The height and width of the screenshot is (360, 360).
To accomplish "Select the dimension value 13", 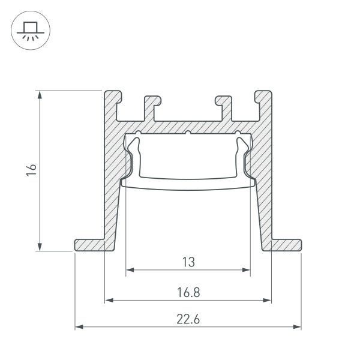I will coord(188,262).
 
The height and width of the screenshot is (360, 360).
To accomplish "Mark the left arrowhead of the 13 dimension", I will coord(129,271).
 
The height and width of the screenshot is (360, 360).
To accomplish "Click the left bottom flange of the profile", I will coord(90,245).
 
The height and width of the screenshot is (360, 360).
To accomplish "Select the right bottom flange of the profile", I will coord(284,245).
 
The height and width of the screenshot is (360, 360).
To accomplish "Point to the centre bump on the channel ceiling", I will coord(188,133).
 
